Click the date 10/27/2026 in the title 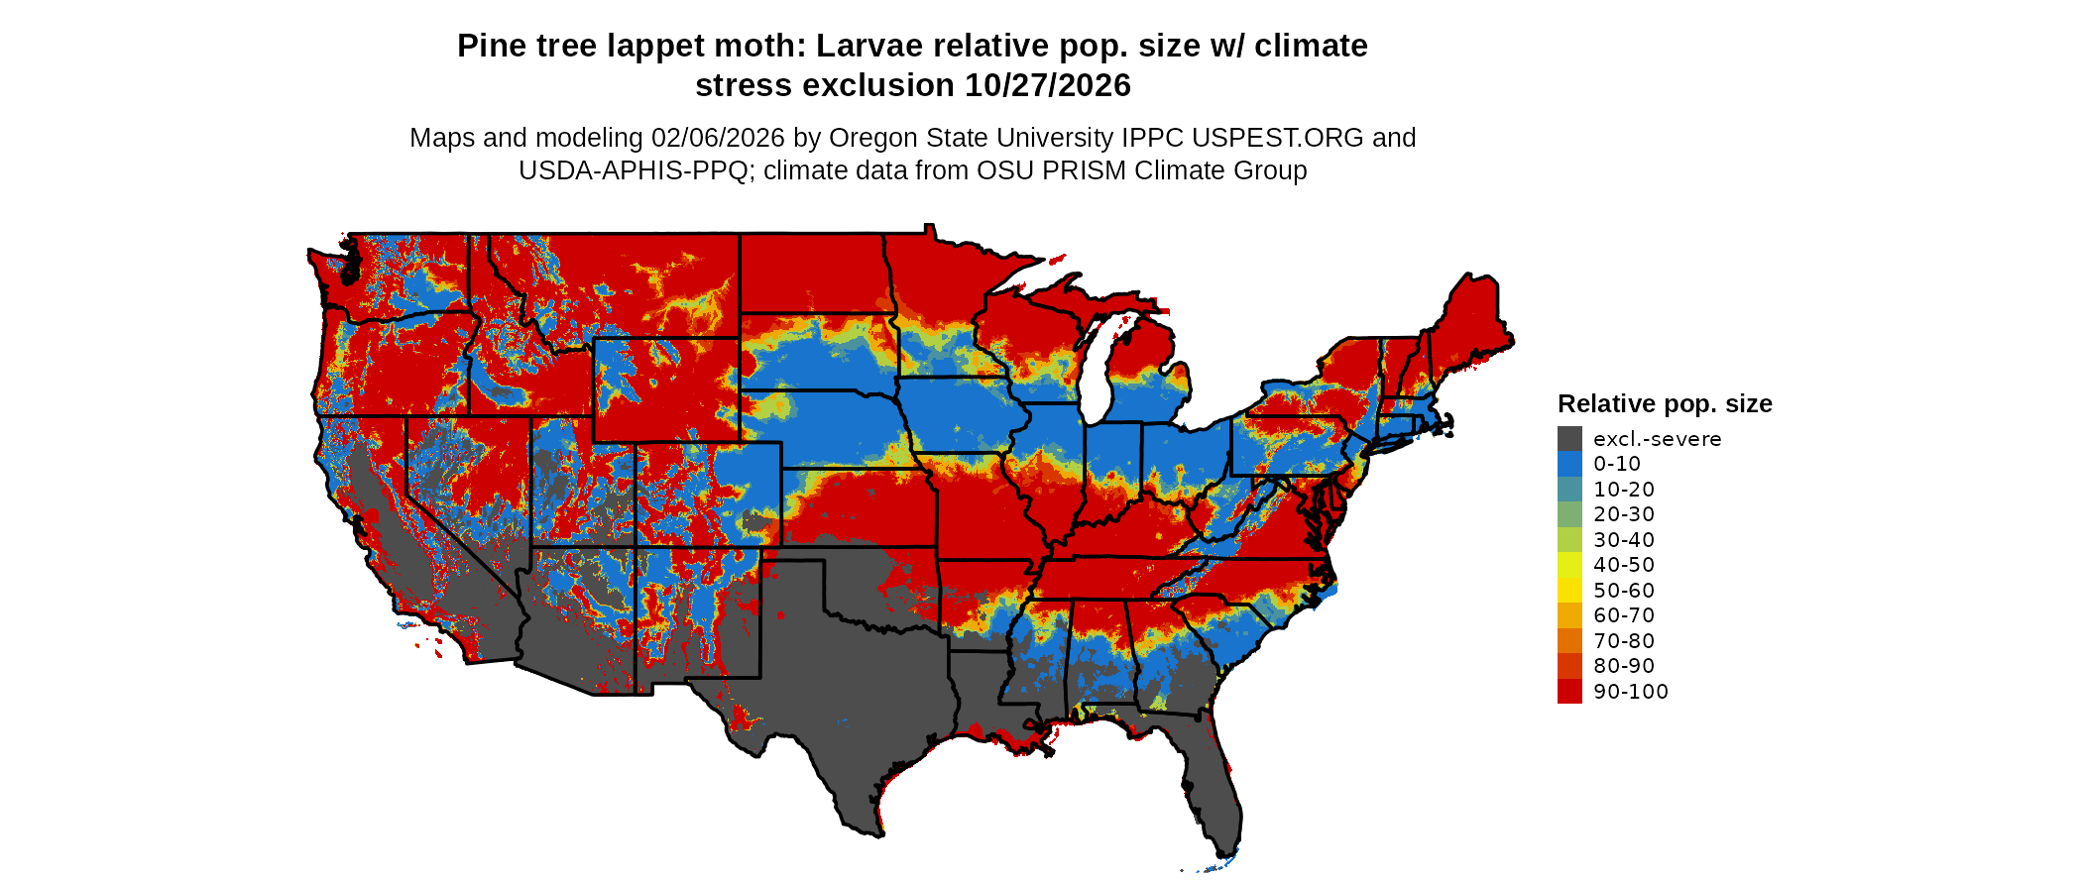click(1048, 85)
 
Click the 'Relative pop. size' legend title click(1665, 403)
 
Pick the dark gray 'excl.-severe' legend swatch click(1569, 439)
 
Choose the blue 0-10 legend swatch click(1569, 464)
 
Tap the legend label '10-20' click(1624, 490)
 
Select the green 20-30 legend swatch click(1569, 514)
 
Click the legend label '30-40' click(1624, 540)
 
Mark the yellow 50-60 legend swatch click(1569, 591)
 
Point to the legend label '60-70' click(1624, 615)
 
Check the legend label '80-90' click(1624, 666)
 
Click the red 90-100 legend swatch click(1569, 692)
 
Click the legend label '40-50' click(1624, 565)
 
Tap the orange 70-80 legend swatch click(1569, 641)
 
